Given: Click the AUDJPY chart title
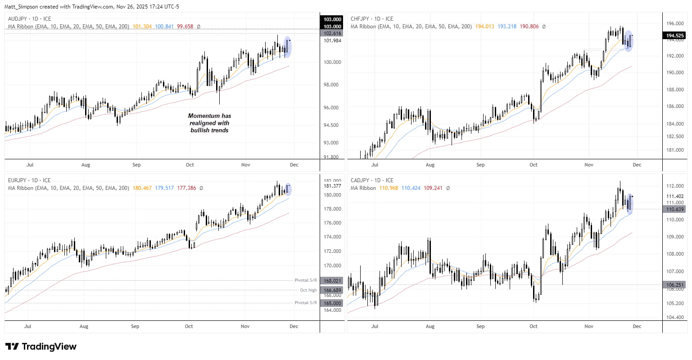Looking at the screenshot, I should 29,19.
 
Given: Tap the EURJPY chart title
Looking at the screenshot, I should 29,180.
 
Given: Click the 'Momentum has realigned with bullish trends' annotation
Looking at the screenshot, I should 209,123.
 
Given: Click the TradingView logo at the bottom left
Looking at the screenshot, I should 41,346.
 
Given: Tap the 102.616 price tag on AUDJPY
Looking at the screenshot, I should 332,33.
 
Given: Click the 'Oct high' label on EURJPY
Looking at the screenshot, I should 308,290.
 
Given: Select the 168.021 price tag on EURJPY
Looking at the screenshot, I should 332,281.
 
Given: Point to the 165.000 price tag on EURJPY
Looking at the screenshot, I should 332,303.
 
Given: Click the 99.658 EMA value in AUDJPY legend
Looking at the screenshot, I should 185,27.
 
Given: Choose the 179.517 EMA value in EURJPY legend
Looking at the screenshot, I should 164,188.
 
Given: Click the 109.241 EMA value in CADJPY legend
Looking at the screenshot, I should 433,188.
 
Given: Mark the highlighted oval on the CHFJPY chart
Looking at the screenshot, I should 629,41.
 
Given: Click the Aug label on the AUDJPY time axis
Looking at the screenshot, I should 86,165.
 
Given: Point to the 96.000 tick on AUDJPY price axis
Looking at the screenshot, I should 332,108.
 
